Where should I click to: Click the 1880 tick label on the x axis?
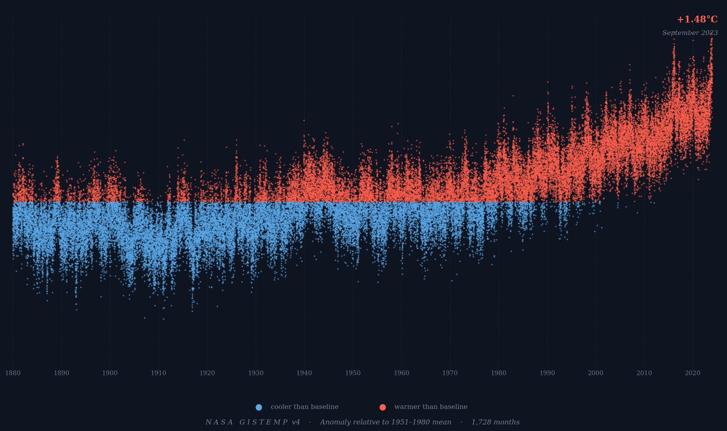click(x=13, y=373)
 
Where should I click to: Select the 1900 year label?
click(x=110, y=373)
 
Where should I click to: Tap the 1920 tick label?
click(x=207, y=373)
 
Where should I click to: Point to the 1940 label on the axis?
click(x=304, y=373)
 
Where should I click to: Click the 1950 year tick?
click(x=353, y=373)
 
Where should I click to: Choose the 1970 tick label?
click(x=450, y=373)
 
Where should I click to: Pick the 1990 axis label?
click(x=547, y=373)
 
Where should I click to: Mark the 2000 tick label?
click(x=596, y=373)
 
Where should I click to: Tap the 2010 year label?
click(x=644, y=373)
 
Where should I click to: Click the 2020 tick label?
click(x=692, y=373)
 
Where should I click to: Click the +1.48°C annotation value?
click(x=697, y=19)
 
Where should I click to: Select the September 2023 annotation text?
click(x=689, y=33)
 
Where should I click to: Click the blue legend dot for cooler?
click(x=259, y=407)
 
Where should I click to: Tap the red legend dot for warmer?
click(x=382, y=407)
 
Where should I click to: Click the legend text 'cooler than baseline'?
click(x=304, y=407)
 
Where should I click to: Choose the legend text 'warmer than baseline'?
click(x=431, y=407)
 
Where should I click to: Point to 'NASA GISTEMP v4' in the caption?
click(x=253, y=423)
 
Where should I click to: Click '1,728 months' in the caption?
click(x=495, y=423)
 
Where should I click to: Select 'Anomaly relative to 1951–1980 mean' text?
click(x=385, y=423)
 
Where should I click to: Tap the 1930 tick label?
click(x=256, y=373)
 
